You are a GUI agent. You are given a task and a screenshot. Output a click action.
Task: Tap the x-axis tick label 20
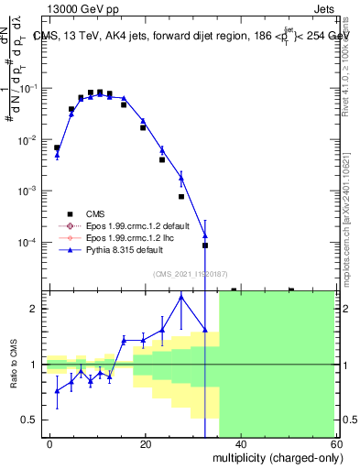(x=146, y=443)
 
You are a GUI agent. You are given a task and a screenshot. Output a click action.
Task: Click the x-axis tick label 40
(x=240, y=443)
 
